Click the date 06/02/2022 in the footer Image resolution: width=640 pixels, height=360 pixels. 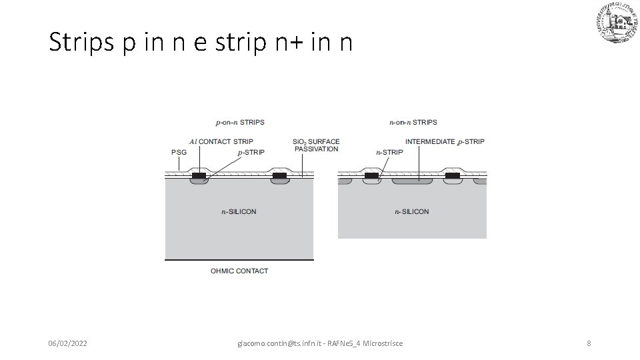tap(67, 343)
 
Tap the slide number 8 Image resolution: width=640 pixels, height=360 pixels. tap(589, 343)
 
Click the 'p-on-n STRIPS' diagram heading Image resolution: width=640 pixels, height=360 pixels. tap(240, 122)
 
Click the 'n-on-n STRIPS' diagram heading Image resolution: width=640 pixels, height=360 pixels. tap(413, 122)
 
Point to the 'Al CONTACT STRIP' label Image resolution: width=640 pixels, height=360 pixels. tap(221, 141)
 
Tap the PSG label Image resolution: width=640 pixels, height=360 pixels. tap(179, 152)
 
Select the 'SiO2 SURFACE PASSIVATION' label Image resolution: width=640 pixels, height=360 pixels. tap(316, 145)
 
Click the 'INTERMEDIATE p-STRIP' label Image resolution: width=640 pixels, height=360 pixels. tap(445, 141)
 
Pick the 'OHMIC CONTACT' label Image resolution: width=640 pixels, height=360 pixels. tap(239, 271)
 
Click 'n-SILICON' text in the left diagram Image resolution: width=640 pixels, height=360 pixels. tap(239, 212)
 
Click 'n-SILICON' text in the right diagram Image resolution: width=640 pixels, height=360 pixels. tap(412, 212)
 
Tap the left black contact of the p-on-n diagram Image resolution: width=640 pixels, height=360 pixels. tap(199, 176)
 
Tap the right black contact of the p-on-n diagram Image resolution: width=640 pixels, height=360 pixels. tap(279, 176)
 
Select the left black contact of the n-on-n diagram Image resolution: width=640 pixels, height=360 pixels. tap(371, 176)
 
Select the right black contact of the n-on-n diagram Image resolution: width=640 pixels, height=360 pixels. tap(453, 176)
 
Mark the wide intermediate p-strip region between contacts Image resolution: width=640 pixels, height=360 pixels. tap(412, 181)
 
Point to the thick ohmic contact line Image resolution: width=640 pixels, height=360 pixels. tap(239, 259)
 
